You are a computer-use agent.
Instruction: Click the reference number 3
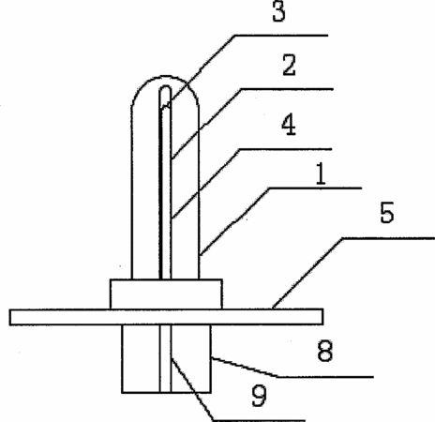278,12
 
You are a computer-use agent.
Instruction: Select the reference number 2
289,65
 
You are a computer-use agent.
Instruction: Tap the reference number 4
289,125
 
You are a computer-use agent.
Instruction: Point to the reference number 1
321,173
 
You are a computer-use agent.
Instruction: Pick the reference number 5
387,213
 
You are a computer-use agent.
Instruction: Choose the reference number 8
325,351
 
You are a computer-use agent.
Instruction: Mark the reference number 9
260,396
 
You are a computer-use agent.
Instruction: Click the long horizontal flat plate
166,317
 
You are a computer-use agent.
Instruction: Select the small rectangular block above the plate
166,294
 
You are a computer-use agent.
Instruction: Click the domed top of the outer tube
165,76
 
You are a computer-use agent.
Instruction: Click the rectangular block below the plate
166,359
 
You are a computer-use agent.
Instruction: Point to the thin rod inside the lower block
165,359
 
